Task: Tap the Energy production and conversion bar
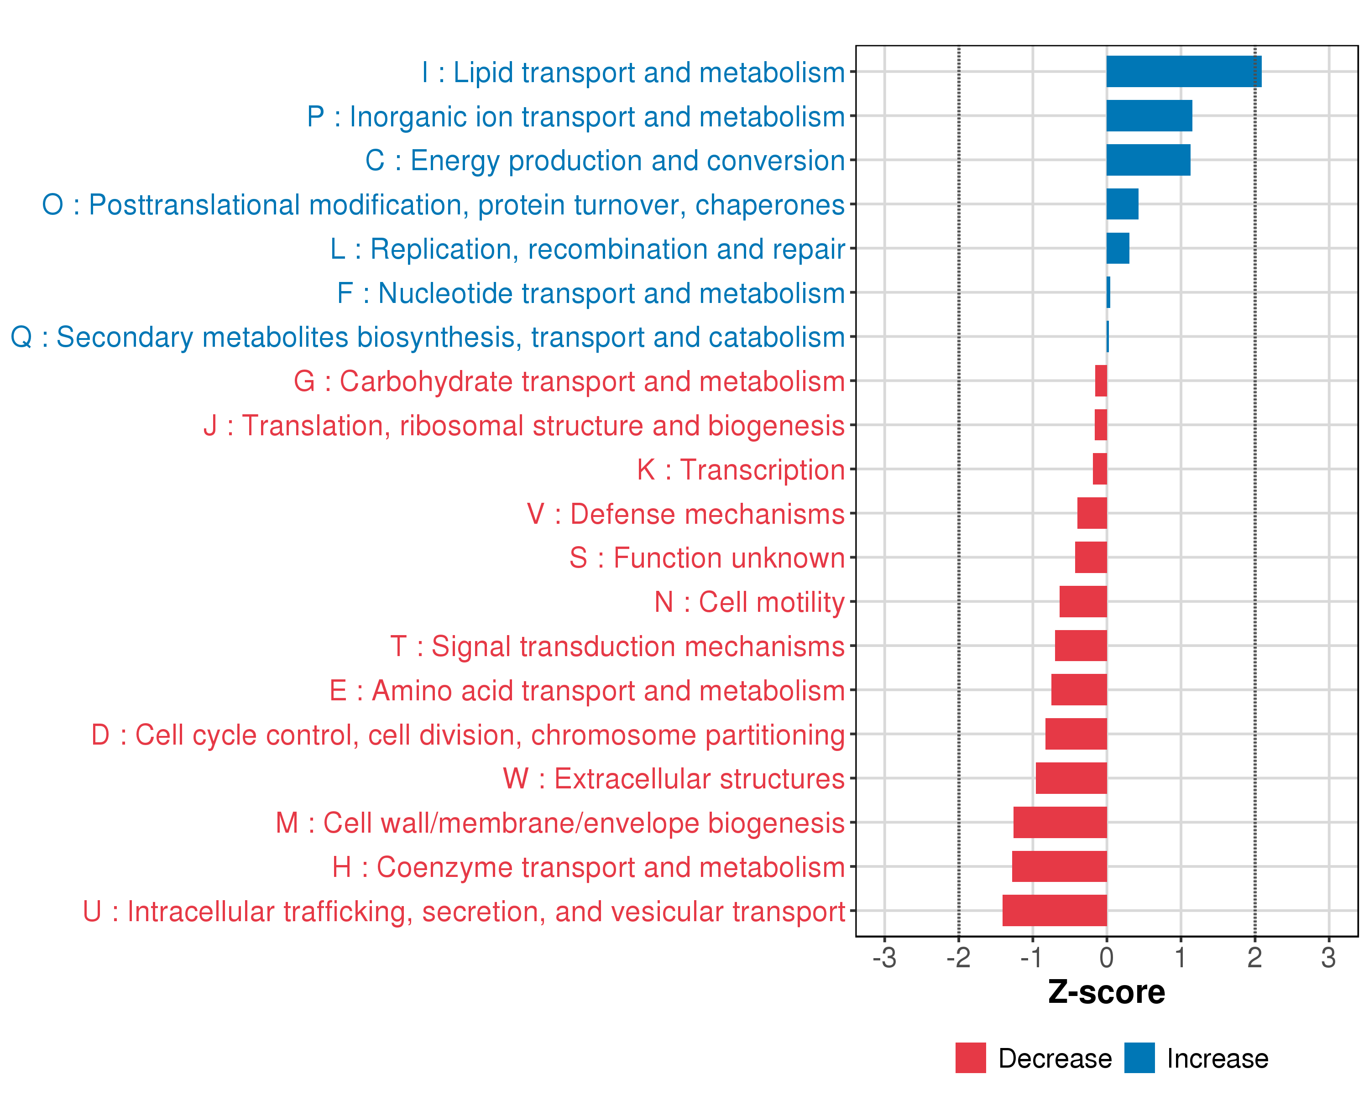click(1148, 160)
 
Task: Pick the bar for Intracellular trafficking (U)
click(1055, 910)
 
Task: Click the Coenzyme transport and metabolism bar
click(1059, 866)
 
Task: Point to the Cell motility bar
click(1083, 602)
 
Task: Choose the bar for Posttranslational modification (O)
click(1122, 204)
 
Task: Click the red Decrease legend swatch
click(970, 1058)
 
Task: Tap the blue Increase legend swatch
click(1139, 1058)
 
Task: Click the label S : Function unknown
click(707, 558)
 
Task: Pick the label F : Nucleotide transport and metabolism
click(590, 293)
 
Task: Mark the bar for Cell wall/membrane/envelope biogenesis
click(1060, 823)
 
